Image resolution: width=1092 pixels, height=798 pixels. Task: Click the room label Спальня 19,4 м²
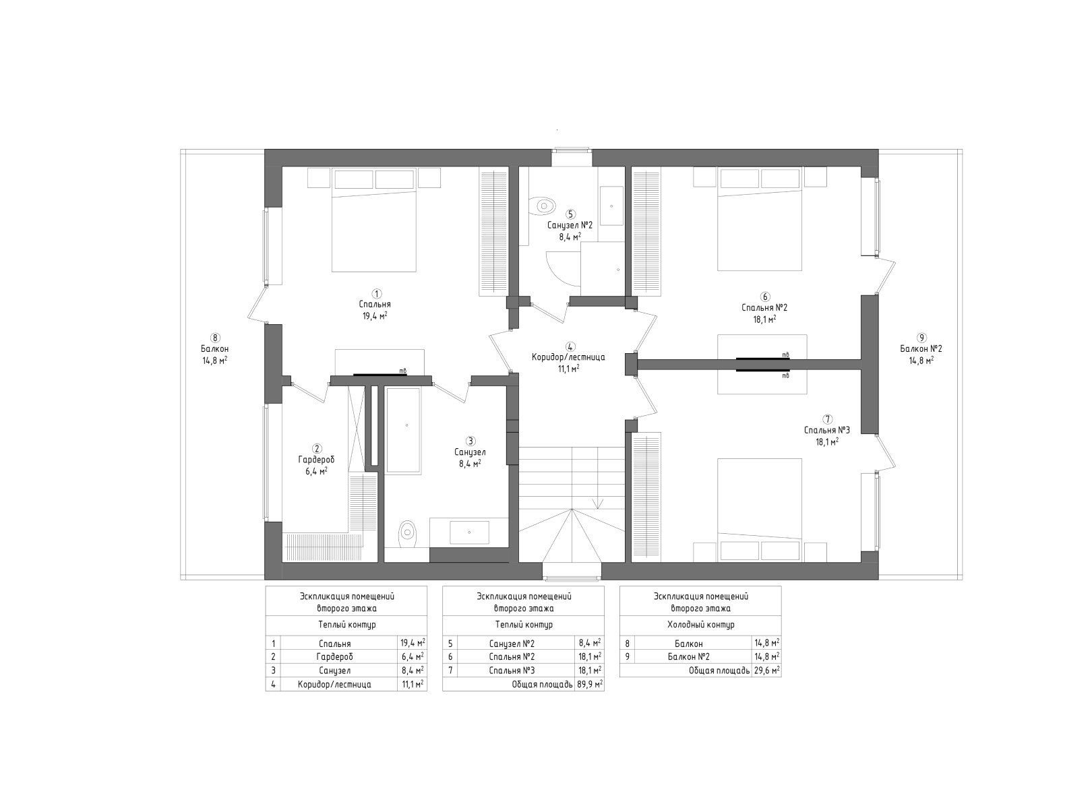(374, 309)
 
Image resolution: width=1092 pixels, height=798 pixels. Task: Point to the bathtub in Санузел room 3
(404, 430)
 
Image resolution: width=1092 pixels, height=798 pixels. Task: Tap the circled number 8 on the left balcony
(214, 338)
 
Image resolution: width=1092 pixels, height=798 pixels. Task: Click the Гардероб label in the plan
(316, 460)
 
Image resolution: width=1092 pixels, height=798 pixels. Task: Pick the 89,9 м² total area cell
(590, 684)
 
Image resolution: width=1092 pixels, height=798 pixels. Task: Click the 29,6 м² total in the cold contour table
(767, 671)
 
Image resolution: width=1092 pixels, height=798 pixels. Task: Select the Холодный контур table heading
(700, 625)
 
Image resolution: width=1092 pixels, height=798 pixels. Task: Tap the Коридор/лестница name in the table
(334, 684)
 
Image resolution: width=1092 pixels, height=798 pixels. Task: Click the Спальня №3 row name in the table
(512, 671)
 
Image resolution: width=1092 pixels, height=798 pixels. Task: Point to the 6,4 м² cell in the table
(412, 656)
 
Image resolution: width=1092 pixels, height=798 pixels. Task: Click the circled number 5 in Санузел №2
(571, 214)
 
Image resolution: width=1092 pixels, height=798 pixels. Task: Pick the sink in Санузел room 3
(469, 532)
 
